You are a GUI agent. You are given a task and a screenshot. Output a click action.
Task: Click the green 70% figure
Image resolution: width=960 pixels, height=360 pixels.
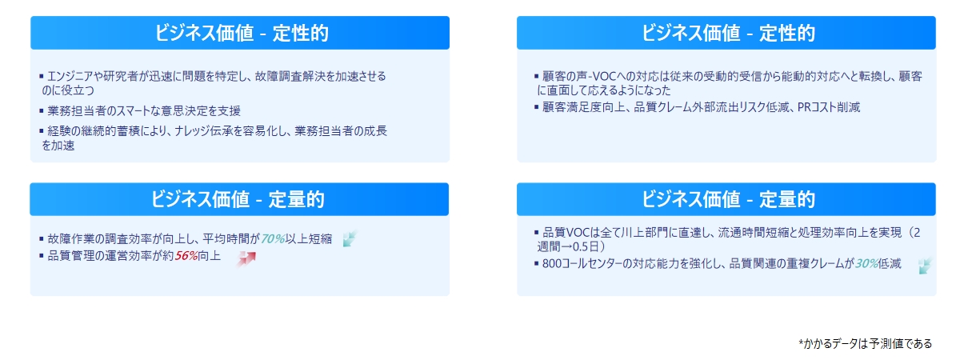tap(273, 238)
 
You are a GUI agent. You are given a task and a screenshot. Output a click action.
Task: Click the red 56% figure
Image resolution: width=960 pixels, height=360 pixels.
tap(186, 256)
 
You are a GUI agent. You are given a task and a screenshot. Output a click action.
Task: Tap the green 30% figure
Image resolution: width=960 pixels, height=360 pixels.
tap(866, 263)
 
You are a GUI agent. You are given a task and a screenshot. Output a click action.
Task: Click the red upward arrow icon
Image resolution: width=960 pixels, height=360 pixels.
tap(246, 258)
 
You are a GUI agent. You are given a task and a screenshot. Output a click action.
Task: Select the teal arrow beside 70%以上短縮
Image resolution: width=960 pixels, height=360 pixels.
tap(350, 238)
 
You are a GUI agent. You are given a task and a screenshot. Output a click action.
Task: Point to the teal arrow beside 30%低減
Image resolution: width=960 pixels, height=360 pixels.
tap(925, 266)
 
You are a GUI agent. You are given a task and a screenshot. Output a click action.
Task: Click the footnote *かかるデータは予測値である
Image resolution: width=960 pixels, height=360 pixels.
tap(865, 343)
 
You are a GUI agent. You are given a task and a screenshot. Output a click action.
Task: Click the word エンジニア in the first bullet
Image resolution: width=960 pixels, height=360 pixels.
tap(70, 76)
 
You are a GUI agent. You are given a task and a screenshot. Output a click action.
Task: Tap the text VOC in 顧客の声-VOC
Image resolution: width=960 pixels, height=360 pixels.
tap(604, 76)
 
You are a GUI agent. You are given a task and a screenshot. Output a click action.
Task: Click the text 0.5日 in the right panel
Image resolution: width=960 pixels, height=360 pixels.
tap(586, 246)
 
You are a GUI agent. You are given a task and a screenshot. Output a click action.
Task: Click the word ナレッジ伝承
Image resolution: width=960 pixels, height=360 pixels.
tap(207, 131)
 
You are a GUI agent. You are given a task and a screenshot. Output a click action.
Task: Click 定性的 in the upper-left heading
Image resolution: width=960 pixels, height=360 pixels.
tap(301, 33)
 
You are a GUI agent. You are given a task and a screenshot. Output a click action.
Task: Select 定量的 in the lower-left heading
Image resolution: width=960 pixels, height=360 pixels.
tap(296, 199)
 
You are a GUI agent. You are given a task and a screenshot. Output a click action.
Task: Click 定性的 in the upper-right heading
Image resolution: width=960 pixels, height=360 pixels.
tap(787, 33)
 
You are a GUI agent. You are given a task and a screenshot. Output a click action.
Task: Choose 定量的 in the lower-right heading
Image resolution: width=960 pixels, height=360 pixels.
tap(787, 199)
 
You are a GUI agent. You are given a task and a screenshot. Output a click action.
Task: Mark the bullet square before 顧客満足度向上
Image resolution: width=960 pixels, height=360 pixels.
tap(536, 106)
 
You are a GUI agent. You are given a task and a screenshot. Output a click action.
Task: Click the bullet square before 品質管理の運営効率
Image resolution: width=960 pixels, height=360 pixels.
tap(41, 256)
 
